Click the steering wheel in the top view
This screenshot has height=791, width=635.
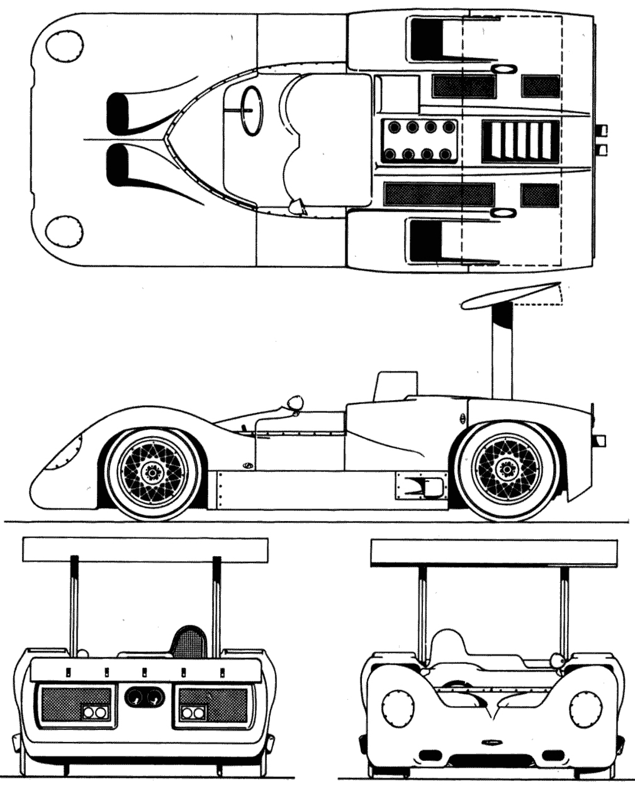click(x=251, y=109)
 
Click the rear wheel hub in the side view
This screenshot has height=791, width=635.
click(x=507, y=468)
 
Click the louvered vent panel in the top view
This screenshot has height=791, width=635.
click(x=520, y=141)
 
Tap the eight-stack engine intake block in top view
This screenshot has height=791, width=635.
click(x=419, y=141)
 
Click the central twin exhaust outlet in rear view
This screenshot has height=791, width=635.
click(x=144, y=699)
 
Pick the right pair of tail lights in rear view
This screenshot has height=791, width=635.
click(x=193, y=712)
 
